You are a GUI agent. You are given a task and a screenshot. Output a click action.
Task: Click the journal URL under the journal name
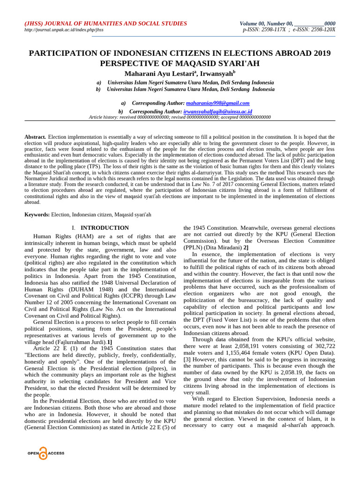[x=64, y=30]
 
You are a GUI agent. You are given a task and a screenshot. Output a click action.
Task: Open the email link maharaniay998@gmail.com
[x=217, y=103]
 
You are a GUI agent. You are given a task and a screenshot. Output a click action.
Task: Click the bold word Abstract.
[x=35, y=137]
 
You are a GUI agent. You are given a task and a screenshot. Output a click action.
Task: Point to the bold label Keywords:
[x=37, y=214]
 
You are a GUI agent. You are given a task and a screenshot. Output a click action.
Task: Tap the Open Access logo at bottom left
[x=45, y=453]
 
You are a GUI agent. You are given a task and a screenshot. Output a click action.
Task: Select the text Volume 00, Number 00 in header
[x=267, y=23]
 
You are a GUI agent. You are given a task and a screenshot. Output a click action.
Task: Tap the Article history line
[x=180, y=118]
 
